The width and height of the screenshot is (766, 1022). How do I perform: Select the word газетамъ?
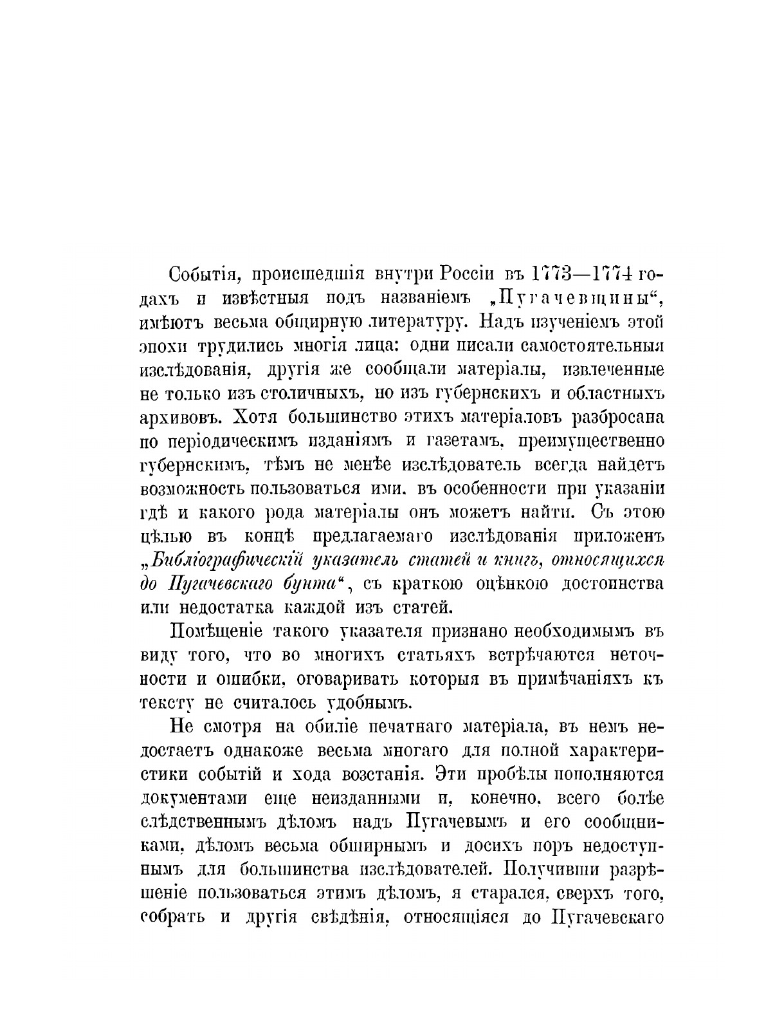tap(455, 441)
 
